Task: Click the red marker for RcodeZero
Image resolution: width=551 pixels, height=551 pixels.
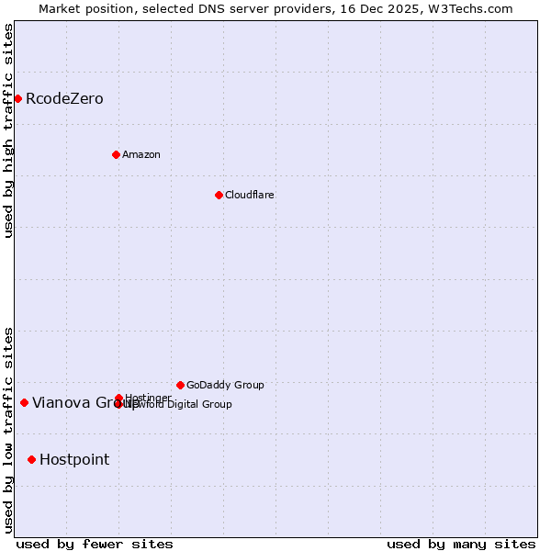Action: [17, 98]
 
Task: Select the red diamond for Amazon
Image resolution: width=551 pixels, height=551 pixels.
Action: [116, 154]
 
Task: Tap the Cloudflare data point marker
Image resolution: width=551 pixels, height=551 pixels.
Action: [219, 195]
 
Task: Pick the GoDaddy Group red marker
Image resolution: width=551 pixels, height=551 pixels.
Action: [180, 385]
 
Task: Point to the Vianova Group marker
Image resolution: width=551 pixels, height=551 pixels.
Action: [24, 402]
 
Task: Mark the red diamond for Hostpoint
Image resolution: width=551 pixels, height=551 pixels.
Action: [31, 459]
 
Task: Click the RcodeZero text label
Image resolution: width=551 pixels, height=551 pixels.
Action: [64, 98]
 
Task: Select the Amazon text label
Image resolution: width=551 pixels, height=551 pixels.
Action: [141, 154]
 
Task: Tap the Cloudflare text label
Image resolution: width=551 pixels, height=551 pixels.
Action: [250, 195]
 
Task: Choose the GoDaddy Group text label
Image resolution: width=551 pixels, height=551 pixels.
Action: [225, 385]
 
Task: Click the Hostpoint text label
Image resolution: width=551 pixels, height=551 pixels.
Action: [74, 459]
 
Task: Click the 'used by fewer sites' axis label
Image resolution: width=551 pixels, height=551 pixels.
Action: [95, 544]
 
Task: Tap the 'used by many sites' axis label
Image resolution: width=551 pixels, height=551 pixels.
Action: [461, 544]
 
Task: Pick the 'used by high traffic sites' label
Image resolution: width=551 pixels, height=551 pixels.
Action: [8, 130]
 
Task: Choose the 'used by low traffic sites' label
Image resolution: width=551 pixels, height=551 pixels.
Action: [8, 429]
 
